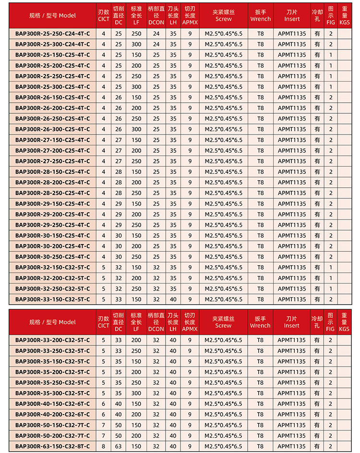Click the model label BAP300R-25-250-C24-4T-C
(52, 34)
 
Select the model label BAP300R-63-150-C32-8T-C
(52, 446)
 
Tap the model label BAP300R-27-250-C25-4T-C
(52, 161)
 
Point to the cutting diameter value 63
(119, 446)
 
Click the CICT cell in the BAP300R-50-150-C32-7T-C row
(103, 425)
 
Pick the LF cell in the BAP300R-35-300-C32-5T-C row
(136, 393)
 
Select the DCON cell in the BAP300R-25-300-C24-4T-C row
(156, 44)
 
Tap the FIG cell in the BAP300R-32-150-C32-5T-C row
(331, 267)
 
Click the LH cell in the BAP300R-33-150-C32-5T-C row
(173, 299)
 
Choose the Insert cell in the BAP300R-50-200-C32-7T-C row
(291, 436)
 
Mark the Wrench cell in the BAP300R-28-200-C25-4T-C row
(261, 182)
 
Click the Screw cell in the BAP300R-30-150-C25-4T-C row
(223, 235)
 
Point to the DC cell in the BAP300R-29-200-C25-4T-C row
(119, 214)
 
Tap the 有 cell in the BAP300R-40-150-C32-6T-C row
(317, 404)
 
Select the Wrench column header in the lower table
(260, 322)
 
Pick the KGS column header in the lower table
(344, 322)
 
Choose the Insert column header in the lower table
(291, 322)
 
